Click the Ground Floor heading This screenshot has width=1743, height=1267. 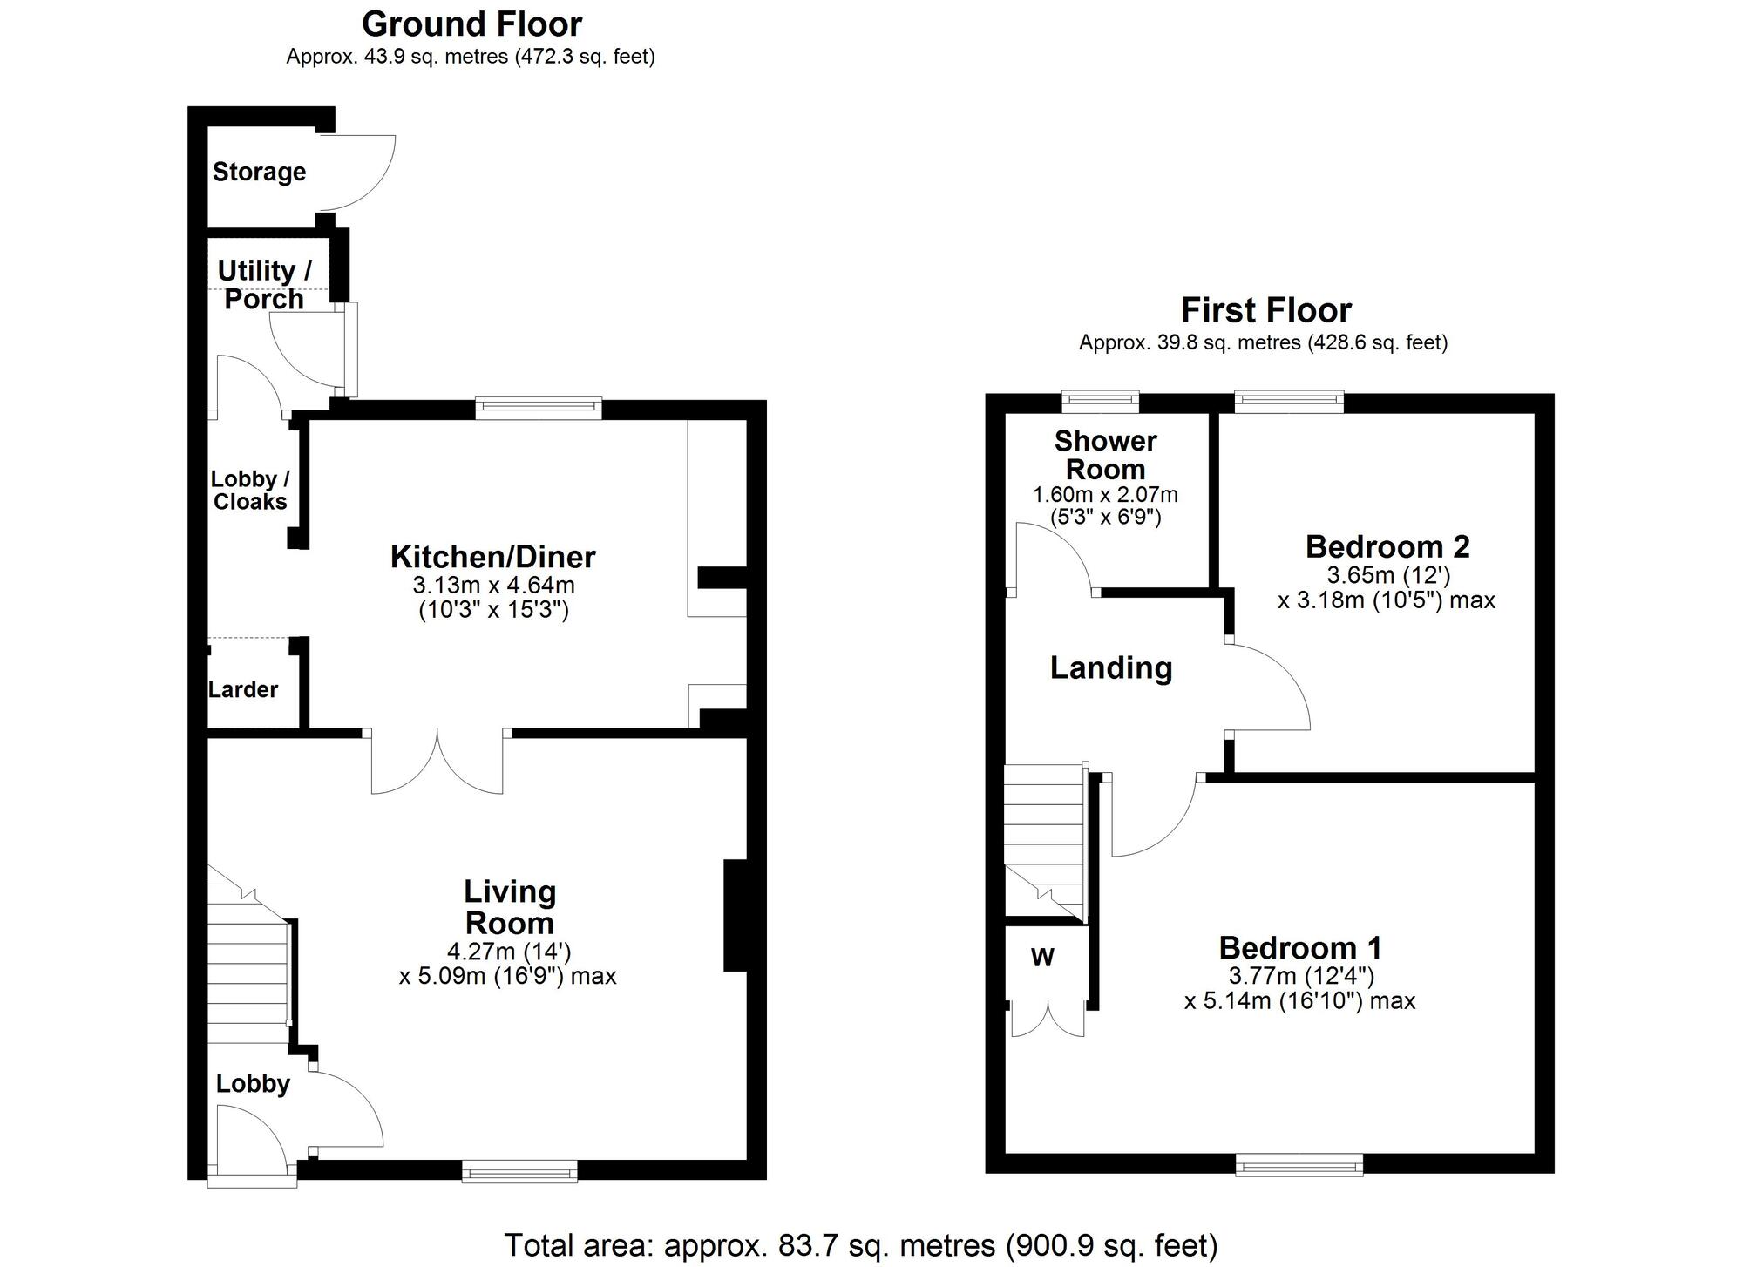(x=471, y=24)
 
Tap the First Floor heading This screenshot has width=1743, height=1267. (x=1265, y=310)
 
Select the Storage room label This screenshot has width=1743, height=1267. (x=259, y=172)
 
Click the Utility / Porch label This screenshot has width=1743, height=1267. (x=264, y=285)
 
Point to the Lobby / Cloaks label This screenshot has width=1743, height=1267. (x=250, y=491)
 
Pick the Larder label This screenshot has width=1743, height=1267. (x=242, y=690)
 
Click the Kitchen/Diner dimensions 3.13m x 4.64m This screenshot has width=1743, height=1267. (x=494, y=585)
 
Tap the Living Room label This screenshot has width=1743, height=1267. (x=509, y=907)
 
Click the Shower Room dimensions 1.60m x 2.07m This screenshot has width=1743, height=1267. (x=1105, y=495)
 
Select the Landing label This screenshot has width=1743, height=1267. (x=1111, y=668)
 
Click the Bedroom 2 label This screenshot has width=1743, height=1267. (x=1387, y=547)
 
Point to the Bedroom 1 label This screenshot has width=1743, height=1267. (x=1300, y=948)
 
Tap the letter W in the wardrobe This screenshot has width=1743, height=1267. (x=1042, y=959)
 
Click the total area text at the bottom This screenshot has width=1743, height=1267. (x=861, y=1245)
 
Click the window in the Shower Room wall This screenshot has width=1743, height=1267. (x=1100, y=402)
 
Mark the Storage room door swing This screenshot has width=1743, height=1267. (x=357, y=173)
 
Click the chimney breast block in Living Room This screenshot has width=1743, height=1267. (x=736, y=915)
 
